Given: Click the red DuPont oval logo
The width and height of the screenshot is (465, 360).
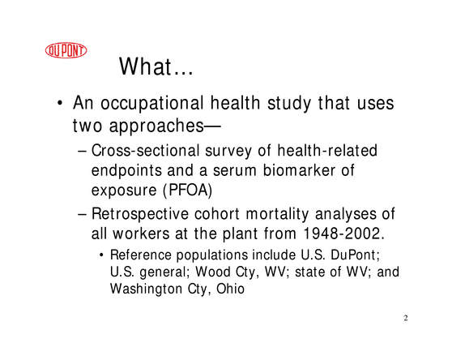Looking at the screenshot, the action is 66,50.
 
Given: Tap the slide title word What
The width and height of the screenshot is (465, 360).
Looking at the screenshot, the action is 145,66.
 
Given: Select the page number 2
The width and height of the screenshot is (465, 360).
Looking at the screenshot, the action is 406,318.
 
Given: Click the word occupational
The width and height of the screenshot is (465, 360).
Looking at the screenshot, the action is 151,104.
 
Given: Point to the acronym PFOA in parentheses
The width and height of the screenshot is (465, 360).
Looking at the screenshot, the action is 187,190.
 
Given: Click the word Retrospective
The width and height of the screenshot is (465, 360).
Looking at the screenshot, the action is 140,215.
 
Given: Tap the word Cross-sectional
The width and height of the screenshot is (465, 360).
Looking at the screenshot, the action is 145,150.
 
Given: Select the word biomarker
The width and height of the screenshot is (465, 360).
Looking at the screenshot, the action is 299,170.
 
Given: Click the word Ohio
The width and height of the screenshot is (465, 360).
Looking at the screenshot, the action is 230,289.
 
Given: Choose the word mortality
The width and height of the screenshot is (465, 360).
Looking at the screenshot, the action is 277,215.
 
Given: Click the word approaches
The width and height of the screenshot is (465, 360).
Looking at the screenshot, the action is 156,126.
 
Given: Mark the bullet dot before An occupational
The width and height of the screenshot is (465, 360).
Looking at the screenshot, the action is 60,104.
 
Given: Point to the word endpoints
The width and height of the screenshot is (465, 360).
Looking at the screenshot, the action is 126,171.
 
